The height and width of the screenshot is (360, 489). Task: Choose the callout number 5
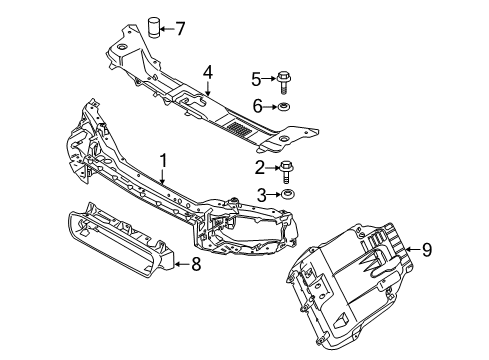pyautogui.click(x=256, y=77)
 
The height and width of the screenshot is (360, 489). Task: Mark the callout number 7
pyautogui.click(x=180, y=28)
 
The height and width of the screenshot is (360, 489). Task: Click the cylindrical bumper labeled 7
pyautogui.click(x=155, y=26)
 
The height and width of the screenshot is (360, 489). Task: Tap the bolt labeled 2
pyautogui.click(x=287, y=167)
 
